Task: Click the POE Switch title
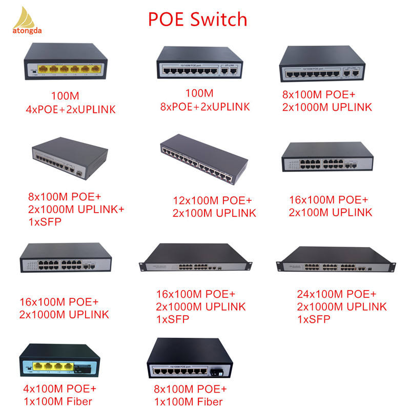click(198, 19)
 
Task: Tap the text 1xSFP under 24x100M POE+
click(314, 319)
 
